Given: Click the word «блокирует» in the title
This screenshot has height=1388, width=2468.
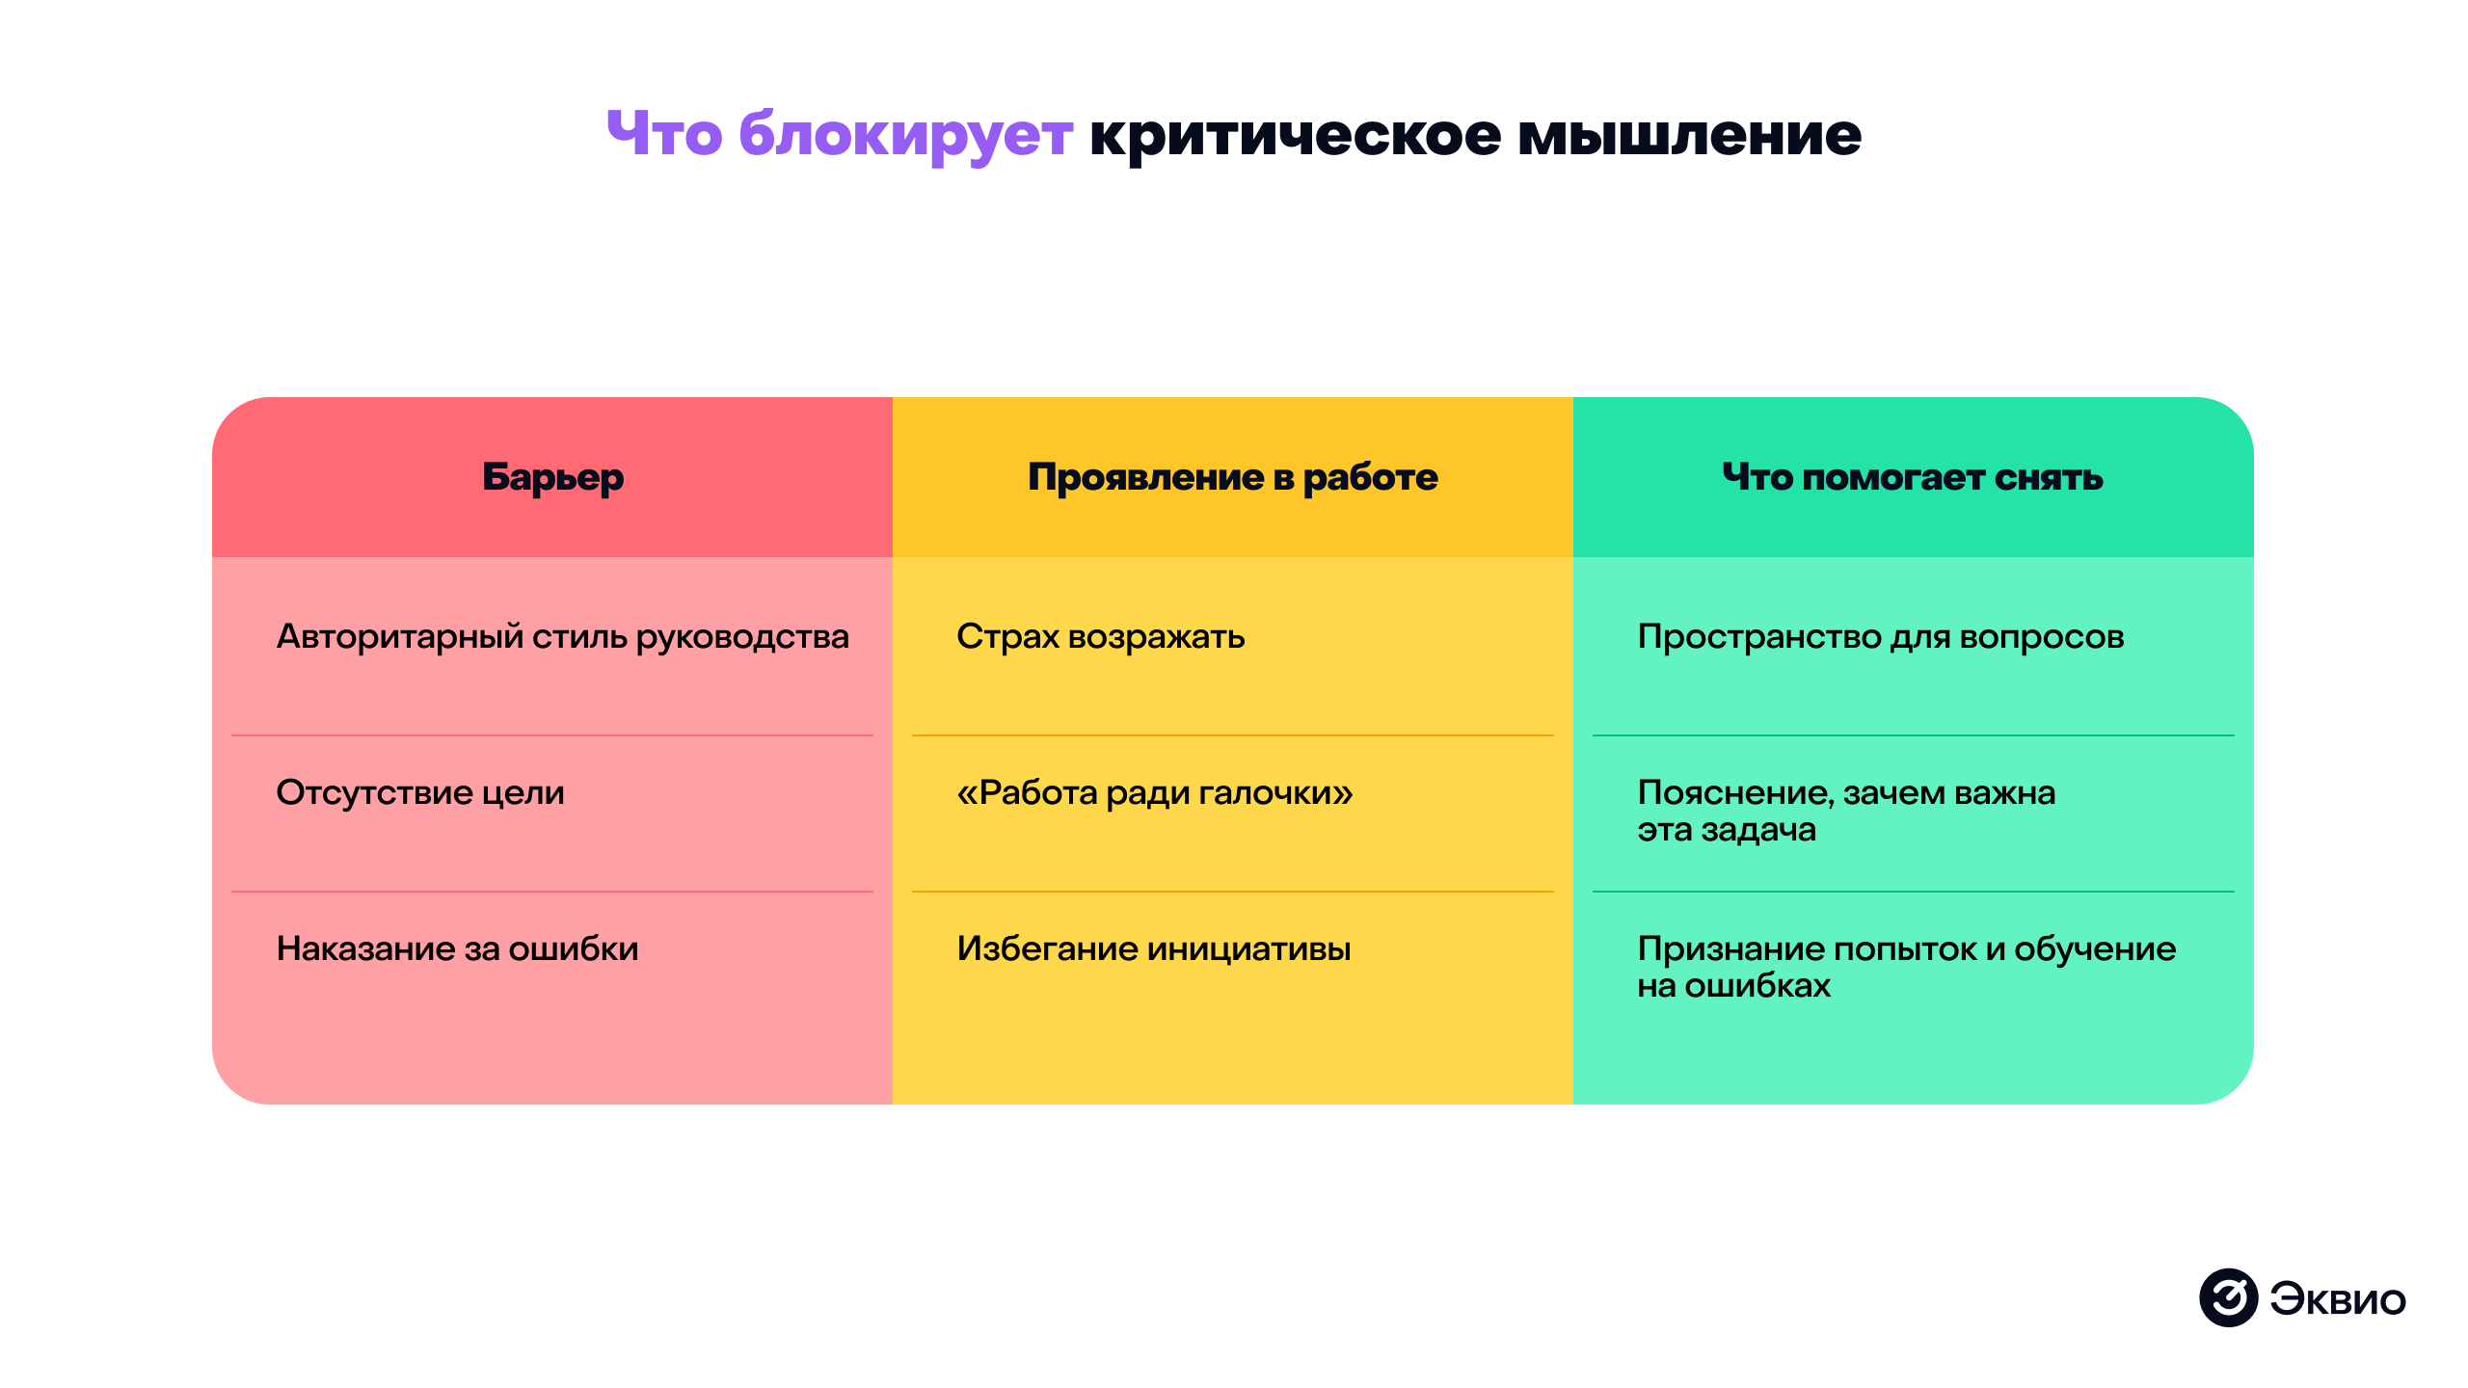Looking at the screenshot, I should [x=905, y=135].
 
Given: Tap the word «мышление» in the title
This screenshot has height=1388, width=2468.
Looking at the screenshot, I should [x=1689, y=135].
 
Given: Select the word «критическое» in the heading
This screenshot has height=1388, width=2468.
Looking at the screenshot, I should [x=1295, y=135].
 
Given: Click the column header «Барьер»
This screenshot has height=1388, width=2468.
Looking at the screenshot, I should [x=552, y=477].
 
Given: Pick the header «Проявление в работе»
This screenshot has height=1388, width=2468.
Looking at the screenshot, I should [x=1232, y=477].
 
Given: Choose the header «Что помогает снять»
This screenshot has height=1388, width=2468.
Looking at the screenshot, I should [x=1913, y=477].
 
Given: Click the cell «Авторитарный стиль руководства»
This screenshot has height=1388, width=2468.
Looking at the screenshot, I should [x=562, y=637].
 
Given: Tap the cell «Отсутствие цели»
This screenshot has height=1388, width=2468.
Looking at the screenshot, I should [x=420, y=793].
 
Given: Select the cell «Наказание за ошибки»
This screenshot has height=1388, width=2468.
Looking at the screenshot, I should [x=457, y=949].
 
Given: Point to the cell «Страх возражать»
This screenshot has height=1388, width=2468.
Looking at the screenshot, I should [x=1100, y=637].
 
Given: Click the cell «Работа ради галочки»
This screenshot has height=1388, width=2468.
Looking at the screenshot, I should [x=1154, y=793].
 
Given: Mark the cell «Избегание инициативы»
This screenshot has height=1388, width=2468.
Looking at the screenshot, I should [x=1153, y=949].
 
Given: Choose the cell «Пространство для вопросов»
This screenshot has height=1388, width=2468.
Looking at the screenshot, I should [x=1880, y=637].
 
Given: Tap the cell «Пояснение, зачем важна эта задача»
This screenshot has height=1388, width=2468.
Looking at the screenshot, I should [x=1845, y=811].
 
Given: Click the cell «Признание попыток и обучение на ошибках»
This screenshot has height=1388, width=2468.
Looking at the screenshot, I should [x=1906, y=967].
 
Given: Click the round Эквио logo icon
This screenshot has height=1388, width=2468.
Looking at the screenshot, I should [x=2228, y=1297].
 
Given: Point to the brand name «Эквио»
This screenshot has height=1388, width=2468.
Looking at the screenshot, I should [x=2337, y=1299].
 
